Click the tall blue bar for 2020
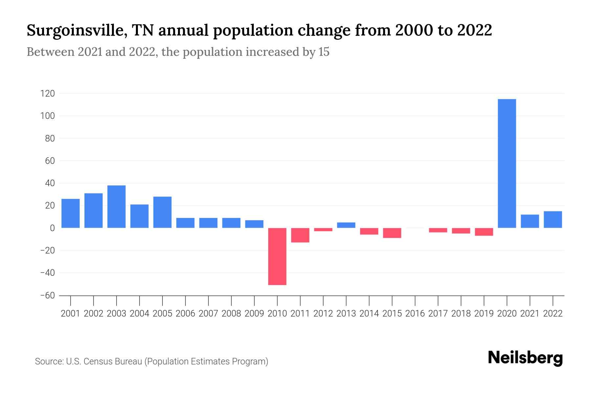point(507,163)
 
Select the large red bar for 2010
point(277,256)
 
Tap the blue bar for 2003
point(117,207)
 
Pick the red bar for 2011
point(300,235)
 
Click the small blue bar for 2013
point(346,225)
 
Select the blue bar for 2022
point(553,219)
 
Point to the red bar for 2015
point(392,233)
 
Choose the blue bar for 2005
point(163,212)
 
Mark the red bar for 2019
point(484,232)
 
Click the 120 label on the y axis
point(47,94)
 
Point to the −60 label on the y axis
point(47,295)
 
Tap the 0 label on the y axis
point(52,228)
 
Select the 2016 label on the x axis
point(415,314)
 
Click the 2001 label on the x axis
point(71,314)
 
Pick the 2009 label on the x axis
point(254,314)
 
